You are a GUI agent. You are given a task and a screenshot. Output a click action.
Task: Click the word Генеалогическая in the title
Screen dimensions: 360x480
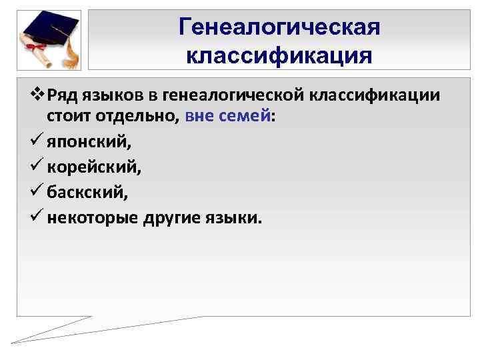click(x=279, y=27)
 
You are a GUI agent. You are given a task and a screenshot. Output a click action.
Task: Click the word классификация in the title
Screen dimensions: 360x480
click(x=279, y=55)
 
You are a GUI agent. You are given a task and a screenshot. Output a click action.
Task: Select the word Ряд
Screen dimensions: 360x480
click(x=55, y=95)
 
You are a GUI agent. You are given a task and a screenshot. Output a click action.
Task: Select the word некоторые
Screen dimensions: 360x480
click(x=91, y=217)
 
